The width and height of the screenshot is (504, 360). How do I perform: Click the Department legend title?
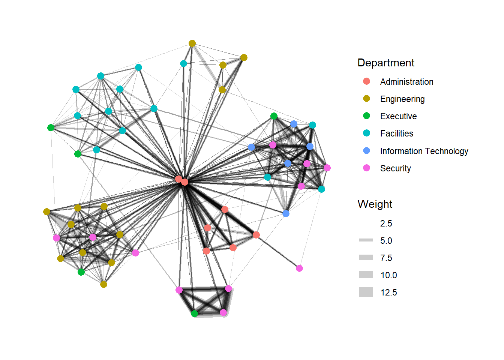coord(386,63)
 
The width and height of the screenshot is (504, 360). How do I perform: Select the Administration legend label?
coord(406,82)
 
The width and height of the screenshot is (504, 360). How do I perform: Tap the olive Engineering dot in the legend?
coord(366,99)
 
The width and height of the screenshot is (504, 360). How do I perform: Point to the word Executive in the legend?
coord(398,116)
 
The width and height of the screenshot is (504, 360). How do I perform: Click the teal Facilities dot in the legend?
coord(366,133)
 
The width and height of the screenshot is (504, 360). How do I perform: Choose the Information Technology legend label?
coord(424,151)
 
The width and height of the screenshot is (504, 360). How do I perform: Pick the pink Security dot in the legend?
coord(366,168)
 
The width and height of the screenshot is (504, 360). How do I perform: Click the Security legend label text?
coord(395,168)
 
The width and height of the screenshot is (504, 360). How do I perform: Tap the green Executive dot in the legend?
coord(366,116)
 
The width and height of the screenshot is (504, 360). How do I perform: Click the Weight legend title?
coord(375,204)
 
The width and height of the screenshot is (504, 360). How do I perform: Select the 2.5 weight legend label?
coord(386,223)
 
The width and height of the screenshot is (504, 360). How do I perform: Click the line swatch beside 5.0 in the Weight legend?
coord(366,240)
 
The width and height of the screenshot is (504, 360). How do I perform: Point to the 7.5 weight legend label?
coord(386,258)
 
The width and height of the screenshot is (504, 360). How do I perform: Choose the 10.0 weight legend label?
coord(388,275)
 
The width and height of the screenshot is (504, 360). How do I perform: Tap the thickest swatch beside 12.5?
coord(366,292)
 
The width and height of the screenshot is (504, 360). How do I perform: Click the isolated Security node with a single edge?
coord(299,268)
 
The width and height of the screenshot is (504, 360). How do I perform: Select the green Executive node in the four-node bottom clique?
coord(194,313)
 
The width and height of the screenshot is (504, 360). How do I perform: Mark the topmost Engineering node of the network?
coord(192,43)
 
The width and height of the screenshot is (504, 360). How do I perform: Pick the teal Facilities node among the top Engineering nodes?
coord(183,64)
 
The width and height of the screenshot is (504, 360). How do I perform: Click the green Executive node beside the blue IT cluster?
coord(274,116)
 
